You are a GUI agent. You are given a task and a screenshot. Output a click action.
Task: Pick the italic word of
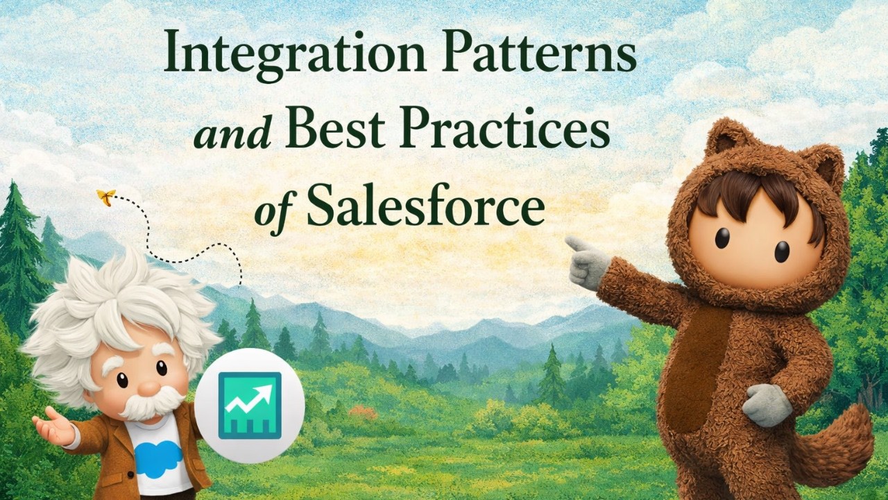[x=271, y=209]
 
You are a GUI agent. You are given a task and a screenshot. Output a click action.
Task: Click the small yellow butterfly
[x=106, y=197]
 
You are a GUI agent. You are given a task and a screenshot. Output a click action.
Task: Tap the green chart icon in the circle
[x=250, y=406]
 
